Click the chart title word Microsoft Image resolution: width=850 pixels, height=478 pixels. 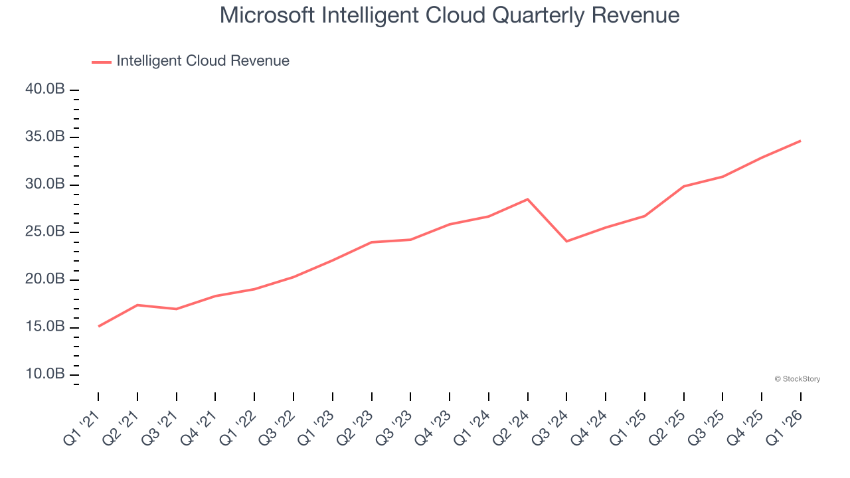pyautogui.click(x=268, y=15)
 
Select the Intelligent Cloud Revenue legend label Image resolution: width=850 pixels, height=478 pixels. pyautogui.click(x=203, y=61)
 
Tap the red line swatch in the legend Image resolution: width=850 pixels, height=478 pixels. pyautogui.click(x=101, y=62)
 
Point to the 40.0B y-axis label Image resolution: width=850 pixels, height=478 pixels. pyautogui.click(x=45, y=90)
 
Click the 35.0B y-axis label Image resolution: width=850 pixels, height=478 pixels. pyautogui.click(x=45, y=137)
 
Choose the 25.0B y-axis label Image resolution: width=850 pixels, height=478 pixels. pyautogui.click(x=45, y=232)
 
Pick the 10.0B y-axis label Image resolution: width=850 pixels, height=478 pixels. pyautogui.click(x=45, y=374)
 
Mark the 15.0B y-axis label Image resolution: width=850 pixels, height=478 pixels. pyautogui.click(x=45, y=327)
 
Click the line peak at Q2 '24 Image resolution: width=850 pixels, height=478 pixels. pyautogui.click(x=527, y=199)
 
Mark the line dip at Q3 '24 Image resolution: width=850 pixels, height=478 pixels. pyautogui.click(x=566, y=241)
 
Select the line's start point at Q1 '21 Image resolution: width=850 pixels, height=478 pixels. pyautogui.click(x=98, y=326)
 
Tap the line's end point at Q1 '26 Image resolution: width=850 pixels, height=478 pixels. pyautogui.click(x=800, y=141)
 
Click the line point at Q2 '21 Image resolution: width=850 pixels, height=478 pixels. pyautogui.click(x=137, y=305)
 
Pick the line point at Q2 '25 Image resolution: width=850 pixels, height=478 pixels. pyautogui.click(x=683, y=187)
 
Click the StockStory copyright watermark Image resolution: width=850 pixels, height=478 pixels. pyautogui.click(x=797, y=379)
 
